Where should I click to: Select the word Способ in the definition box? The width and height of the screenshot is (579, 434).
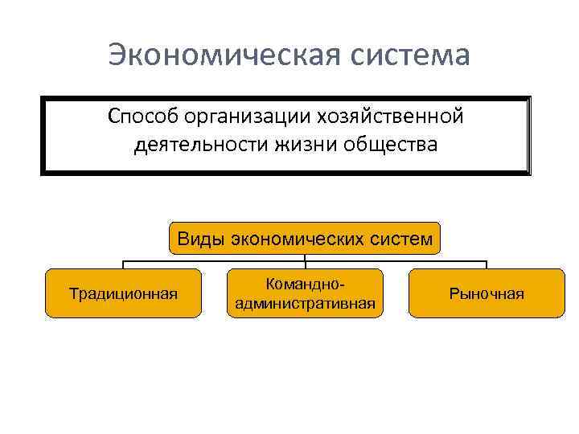pyautogui.click(x=142, y=117)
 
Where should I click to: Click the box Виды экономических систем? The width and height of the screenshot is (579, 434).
pyautogui.click(x=305, y=239)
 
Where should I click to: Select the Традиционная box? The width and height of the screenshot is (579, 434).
pyautogui.click(x=123, y=293)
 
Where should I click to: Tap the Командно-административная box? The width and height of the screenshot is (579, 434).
pyautogui.click(x=304, y=293)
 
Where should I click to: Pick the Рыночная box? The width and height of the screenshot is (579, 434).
pyautogui.click(x=487, y=293)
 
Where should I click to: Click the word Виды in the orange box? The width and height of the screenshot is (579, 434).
pyautogui.click(x=200, y=239)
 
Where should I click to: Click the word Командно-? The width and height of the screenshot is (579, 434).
pyautogui.click(x=304, y=285)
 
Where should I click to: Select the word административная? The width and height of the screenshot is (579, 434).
pyautogui.click(x=304, y=303)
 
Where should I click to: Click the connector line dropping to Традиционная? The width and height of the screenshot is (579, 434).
pyautogui.click(x=123, y=264)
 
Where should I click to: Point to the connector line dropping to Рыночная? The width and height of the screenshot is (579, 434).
pyautogui.click(x=487, y=264)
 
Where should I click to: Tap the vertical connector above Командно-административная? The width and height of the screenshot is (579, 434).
pyautogui.click(x=305, y=262)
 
